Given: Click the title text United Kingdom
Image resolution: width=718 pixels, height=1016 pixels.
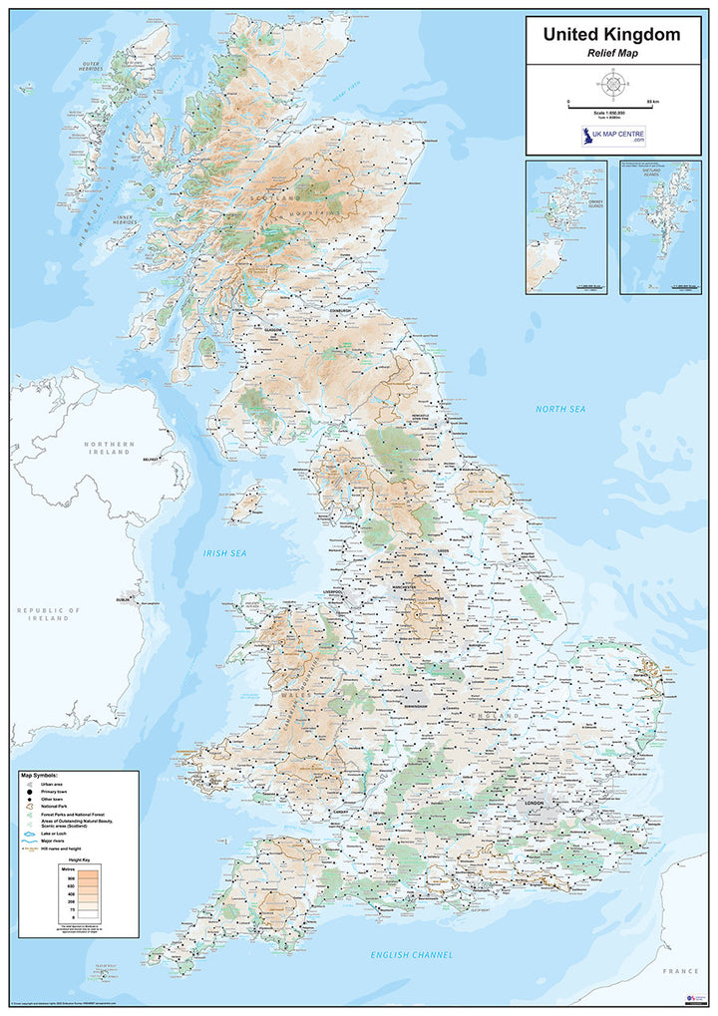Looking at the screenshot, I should click(612, 35).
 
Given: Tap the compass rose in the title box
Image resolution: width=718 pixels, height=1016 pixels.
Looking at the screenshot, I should click(612, 83).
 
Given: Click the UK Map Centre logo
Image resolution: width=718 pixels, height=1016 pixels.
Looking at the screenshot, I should click(612, 135).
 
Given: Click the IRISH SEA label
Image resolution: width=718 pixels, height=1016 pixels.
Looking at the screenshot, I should click(224, 553).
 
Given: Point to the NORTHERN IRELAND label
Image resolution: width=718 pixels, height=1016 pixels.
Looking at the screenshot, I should click(108, 448).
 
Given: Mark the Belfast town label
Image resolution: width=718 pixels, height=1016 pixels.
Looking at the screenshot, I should click(152, 459).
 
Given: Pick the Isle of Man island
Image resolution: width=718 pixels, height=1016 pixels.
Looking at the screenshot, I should click(244, 503).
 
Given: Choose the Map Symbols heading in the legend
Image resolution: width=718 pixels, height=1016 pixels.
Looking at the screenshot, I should click(40, 775).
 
